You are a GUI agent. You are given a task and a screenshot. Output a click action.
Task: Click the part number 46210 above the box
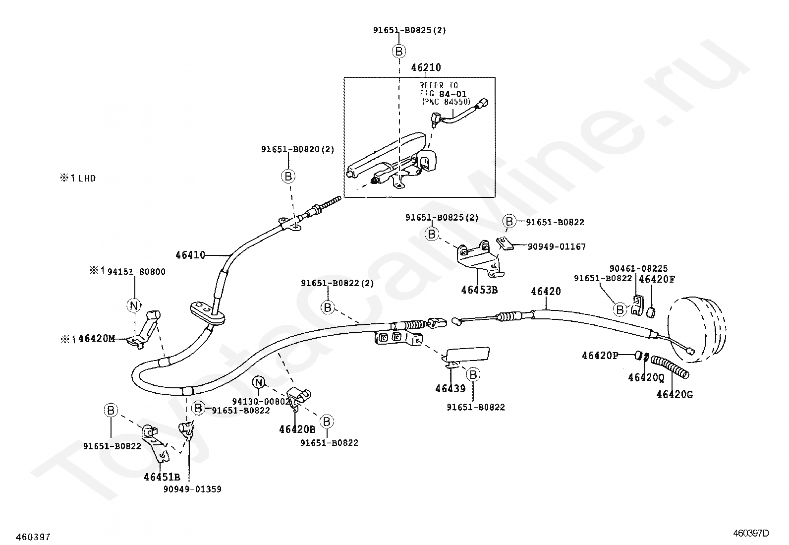[426, 67]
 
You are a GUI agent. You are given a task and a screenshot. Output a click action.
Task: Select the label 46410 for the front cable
[190, 255]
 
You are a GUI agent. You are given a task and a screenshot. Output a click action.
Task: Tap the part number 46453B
[479, 290]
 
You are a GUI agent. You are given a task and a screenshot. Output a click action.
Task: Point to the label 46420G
[675, 395]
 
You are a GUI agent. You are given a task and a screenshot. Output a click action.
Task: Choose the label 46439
[451, 389]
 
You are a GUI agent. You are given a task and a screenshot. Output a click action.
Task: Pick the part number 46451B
[162, 477]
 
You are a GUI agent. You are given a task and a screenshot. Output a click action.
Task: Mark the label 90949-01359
[192, 489]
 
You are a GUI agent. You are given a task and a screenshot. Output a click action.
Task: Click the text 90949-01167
[557, 246]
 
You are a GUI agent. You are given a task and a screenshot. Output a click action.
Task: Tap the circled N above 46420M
[134, 305]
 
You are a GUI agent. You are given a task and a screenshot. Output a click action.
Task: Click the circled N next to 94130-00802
[258, 382]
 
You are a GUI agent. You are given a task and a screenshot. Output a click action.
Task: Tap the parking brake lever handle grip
[387, 148]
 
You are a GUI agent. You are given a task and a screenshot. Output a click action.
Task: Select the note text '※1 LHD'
[78, 178]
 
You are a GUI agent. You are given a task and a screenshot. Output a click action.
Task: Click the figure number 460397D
[751, 534]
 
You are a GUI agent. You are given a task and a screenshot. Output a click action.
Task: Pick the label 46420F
[657, 279]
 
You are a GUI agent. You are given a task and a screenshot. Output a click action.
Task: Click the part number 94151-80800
[136, 272]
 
